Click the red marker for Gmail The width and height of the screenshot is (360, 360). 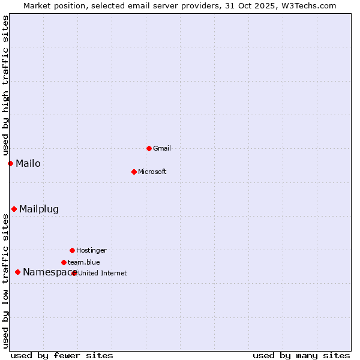coord(149,148)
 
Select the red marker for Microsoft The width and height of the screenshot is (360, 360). coord(134,172)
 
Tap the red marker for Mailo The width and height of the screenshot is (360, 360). coord(10,163)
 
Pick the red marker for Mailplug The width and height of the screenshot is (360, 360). coord(14,209)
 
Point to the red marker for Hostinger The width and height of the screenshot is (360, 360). coord(72,250)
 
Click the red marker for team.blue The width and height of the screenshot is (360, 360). coord(64,262)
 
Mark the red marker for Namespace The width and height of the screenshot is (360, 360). coord(17,272)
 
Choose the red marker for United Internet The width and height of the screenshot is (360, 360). coord(74,273)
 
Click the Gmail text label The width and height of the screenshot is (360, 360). coord(162,148)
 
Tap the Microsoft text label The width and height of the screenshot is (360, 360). coord(152,172)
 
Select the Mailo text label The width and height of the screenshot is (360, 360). coord(28,163)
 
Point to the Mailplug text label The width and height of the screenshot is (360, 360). coord(39,209)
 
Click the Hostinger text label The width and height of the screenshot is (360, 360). coord(91,250)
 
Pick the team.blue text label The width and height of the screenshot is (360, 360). coord(84,262)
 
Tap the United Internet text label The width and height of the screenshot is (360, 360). coord(103,273)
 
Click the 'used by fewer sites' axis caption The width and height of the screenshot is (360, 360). coord(62,355)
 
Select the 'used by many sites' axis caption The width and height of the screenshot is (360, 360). coord(301,355)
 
